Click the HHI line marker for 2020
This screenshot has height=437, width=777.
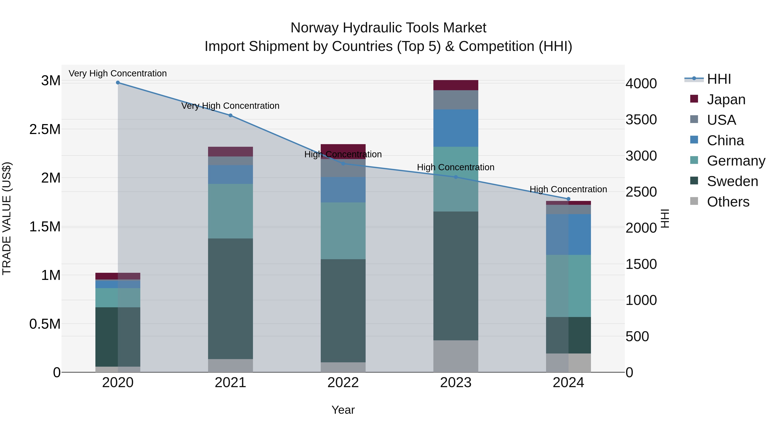pos(118,83)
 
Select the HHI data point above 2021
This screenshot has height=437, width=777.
pos(231,115)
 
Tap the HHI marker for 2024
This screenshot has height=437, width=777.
pos(568,199)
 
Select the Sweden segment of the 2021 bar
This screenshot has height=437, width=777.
pos(231,299)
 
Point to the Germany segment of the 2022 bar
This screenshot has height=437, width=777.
pos(343,231)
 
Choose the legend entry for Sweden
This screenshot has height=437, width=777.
pos(732,181)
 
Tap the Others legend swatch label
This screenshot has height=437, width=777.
pos(728,202)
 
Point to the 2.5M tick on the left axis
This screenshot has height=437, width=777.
pos(45,129)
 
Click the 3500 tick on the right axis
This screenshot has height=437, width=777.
pos(641,120)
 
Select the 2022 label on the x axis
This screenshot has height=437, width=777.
pos(343,383)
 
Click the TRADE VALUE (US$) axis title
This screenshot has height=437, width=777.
pos(7,219)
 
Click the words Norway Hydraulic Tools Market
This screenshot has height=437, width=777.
pos(388,28)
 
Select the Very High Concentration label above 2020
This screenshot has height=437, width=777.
pos(118,74)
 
